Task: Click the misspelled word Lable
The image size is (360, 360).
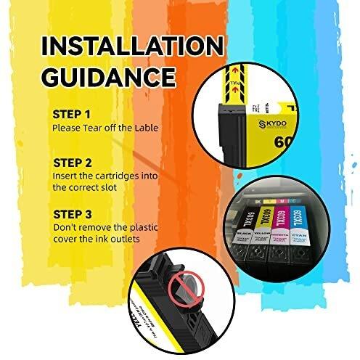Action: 143,128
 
